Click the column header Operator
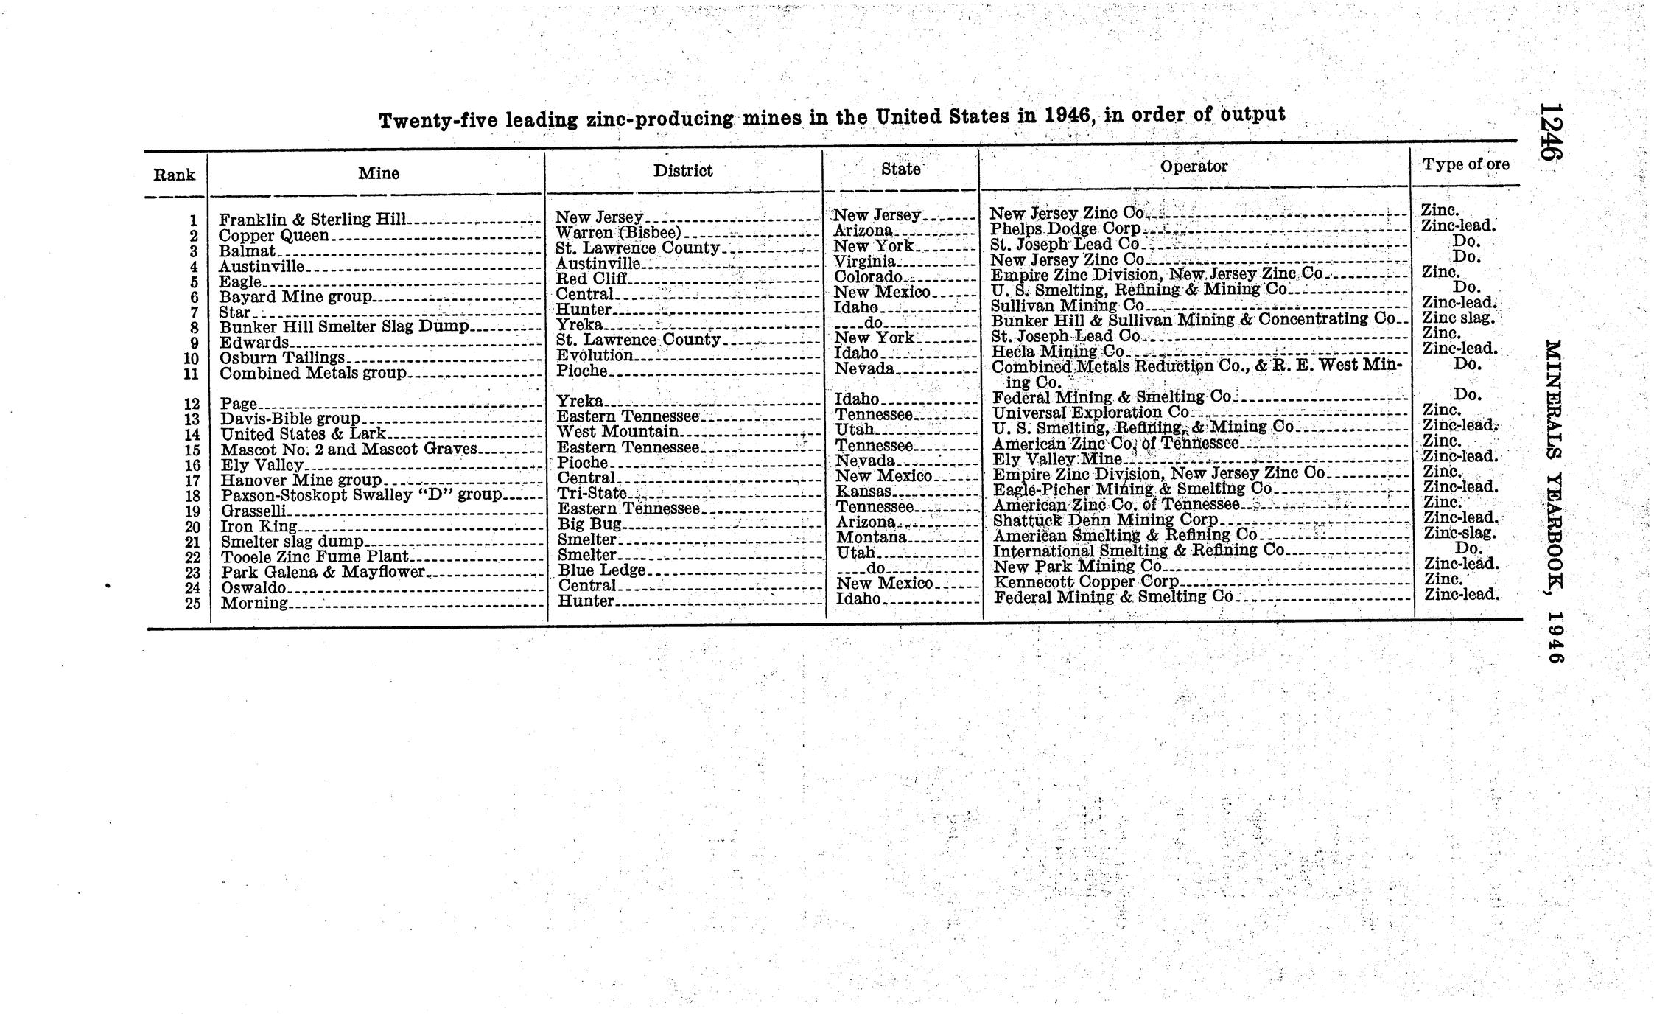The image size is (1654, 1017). coord(1194,167)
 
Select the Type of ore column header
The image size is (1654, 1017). coord(1465,164)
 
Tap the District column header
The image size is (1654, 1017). coord(683,171)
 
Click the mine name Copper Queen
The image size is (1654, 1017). coord(274,235)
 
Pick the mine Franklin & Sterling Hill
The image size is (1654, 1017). coord(312,219)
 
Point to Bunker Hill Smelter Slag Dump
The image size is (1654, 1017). coord(344,326)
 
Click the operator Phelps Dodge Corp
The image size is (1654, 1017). coord(1065,229)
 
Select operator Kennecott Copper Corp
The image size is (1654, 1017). coord(1087,581)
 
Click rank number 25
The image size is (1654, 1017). coord(192,603)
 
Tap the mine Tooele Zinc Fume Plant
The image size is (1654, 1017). coord(315,557)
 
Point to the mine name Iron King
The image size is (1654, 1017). coord(259,526)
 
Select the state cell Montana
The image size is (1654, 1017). coord(872,537)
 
